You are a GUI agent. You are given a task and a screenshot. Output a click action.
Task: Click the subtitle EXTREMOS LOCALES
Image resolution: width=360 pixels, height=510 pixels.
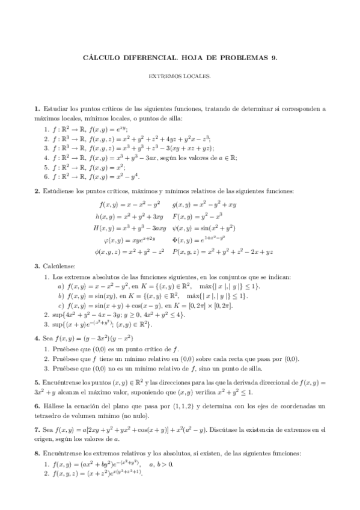(x=180, y=76)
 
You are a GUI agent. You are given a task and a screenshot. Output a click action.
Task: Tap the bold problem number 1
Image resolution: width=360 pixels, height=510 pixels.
(x=37, y=109)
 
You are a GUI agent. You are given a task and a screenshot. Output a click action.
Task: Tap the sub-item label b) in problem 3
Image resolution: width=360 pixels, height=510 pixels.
(x=61, y=296)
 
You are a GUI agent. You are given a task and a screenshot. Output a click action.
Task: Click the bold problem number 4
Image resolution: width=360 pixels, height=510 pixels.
(x=37, y=338)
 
